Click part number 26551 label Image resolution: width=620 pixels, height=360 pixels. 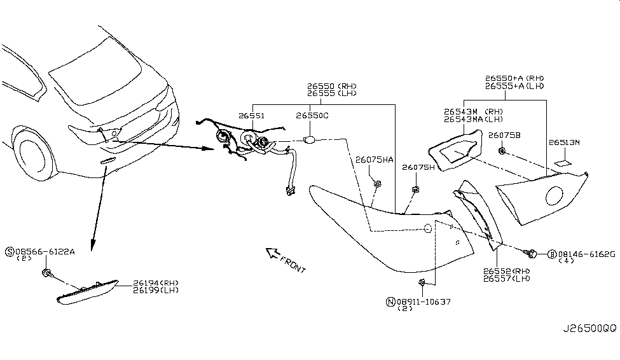(252, 116)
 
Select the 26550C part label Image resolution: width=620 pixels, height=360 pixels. (312, 116)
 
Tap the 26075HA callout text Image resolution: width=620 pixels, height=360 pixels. (375, 160)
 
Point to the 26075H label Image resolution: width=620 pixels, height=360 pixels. (417, 167)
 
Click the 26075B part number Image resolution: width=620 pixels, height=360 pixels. (504, 135)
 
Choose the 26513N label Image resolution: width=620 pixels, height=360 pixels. (564, 143)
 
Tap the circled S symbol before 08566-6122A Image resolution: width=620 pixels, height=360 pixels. (9, 252)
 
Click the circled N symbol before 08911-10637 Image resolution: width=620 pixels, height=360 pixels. (390, 301)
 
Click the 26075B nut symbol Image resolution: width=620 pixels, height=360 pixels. (502, 151)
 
